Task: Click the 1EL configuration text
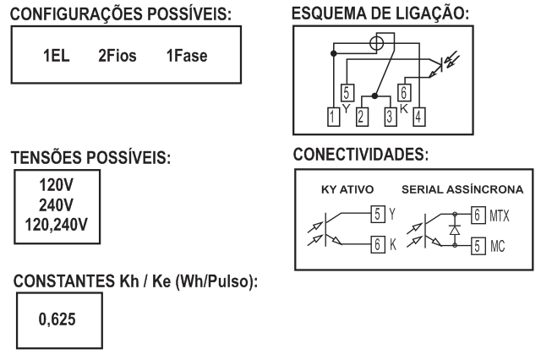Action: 57,56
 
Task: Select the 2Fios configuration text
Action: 117,56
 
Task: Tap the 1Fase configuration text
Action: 187,56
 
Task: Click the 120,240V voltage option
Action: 57,225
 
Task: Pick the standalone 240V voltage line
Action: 57,205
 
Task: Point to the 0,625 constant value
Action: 57,319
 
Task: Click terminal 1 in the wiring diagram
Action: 333,117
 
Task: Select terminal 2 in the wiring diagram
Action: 362,117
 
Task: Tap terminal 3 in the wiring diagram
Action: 391,117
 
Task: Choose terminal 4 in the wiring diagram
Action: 419,117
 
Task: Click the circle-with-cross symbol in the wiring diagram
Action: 376,43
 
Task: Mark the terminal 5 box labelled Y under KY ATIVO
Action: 378,214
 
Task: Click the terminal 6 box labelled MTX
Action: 478,215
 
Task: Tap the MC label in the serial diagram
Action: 498,246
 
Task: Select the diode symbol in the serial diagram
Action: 455,230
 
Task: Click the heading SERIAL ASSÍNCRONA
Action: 462,189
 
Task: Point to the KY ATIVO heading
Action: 347,189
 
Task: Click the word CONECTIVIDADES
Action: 361,154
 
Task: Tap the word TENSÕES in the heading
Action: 47,157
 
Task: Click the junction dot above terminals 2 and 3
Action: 375,95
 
